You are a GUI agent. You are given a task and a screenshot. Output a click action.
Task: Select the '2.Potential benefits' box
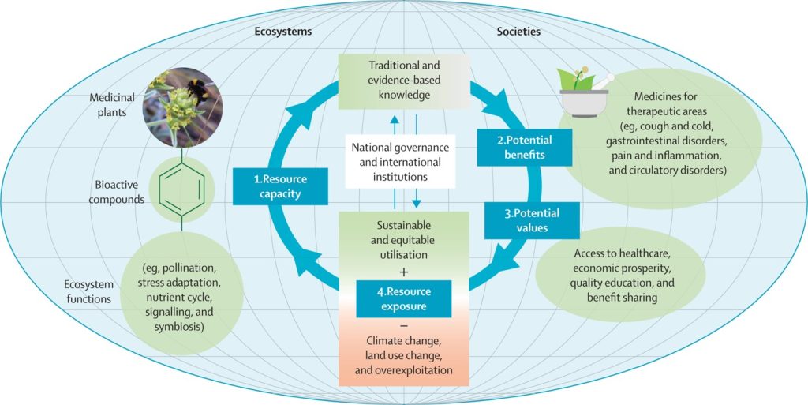pos(523,148)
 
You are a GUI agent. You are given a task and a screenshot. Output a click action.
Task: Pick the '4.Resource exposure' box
pos(404,298)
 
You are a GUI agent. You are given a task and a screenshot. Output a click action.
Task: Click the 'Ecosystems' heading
pos(282,32)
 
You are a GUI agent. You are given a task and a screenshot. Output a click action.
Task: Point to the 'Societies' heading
pos(518,32)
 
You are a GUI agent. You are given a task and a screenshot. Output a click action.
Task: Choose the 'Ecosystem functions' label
pos(89,291)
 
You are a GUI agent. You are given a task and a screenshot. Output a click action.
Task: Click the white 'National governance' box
pos(400,162)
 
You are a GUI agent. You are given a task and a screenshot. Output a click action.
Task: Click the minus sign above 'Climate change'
pos(404,325)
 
